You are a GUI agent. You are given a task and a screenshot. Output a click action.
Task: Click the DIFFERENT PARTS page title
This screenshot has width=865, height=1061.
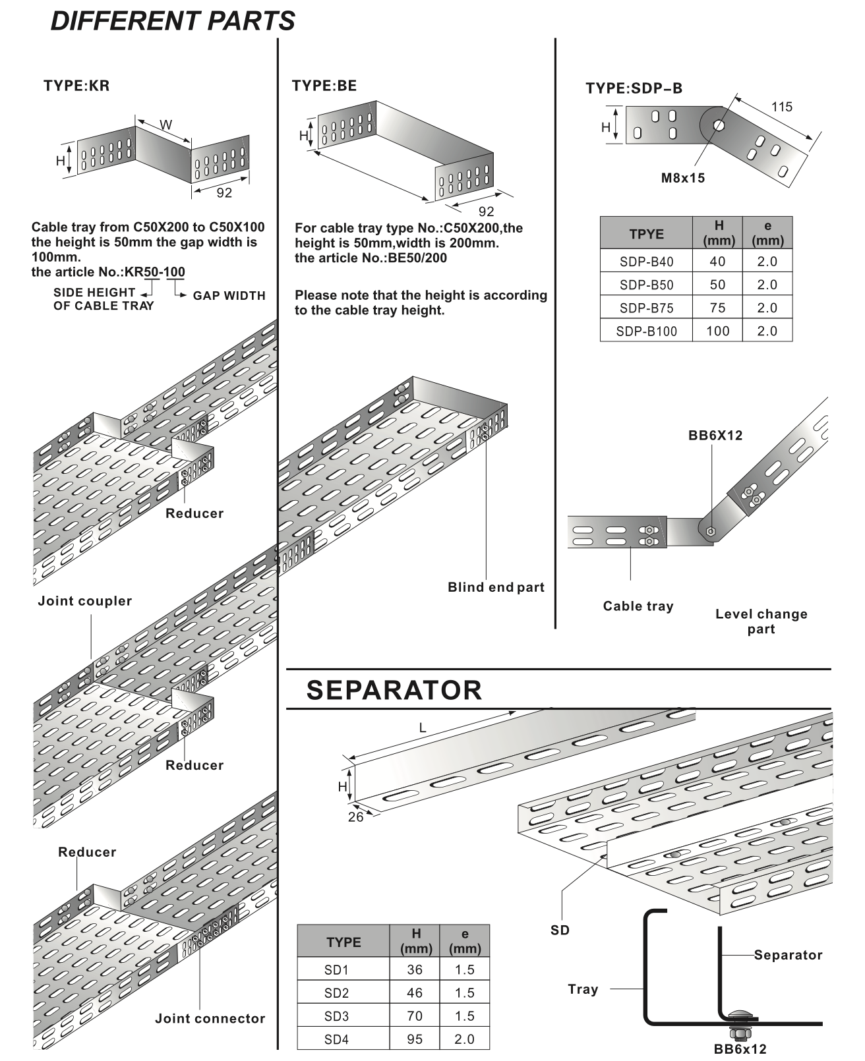click(x=173, y=22)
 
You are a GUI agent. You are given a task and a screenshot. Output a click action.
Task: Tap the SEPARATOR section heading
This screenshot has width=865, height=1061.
click(x=394, y=690)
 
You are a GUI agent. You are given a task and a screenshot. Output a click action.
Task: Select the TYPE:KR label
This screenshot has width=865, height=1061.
click(x=76, y=86)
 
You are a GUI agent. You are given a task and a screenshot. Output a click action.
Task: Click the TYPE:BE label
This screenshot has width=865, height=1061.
click(x=324, y=86)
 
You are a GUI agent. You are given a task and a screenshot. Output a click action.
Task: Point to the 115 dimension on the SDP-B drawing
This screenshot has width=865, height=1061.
click(x=781, y=107)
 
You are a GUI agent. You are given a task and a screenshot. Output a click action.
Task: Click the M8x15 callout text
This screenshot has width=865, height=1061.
click(x=683, y=178)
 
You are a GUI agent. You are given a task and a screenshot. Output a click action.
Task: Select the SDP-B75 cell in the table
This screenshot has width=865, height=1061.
click(x=646, y=308)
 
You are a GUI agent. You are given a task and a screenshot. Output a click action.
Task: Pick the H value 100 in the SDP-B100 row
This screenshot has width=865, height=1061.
click(x=717, y=331)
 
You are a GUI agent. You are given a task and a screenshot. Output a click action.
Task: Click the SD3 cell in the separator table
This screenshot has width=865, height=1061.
click(x=336, y=1016)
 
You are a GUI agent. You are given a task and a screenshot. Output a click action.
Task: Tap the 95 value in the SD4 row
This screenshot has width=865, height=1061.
click(x=415, y=1039)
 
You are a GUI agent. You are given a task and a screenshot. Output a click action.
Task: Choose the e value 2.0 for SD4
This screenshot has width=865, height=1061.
click(x=464, y=1039)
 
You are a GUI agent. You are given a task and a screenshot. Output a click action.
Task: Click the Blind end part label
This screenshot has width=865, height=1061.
click(x=496, y=587)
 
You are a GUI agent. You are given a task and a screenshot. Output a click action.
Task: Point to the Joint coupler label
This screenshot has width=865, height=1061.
click(x=85, y=601)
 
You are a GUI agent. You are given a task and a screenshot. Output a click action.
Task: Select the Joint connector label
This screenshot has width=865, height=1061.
click(x=210, y=1019)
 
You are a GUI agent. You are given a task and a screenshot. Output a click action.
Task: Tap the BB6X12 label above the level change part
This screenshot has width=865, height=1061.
click(x=715, y=436)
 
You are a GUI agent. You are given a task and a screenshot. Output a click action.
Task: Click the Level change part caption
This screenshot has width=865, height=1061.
click(x=761, y=621)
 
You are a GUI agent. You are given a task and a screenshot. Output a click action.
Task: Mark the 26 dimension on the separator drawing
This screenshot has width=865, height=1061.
click(x=355, y=818)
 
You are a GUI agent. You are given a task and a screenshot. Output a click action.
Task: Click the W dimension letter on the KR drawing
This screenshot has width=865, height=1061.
click(x=166, y=125)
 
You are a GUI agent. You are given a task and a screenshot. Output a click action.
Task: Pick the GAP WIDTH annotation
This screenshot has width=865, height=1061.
click(x=229, y=296)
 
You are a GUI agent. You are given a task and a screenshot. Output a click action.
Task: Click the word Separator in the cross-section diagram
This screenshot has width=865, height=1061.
click(x=788, y=955)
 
